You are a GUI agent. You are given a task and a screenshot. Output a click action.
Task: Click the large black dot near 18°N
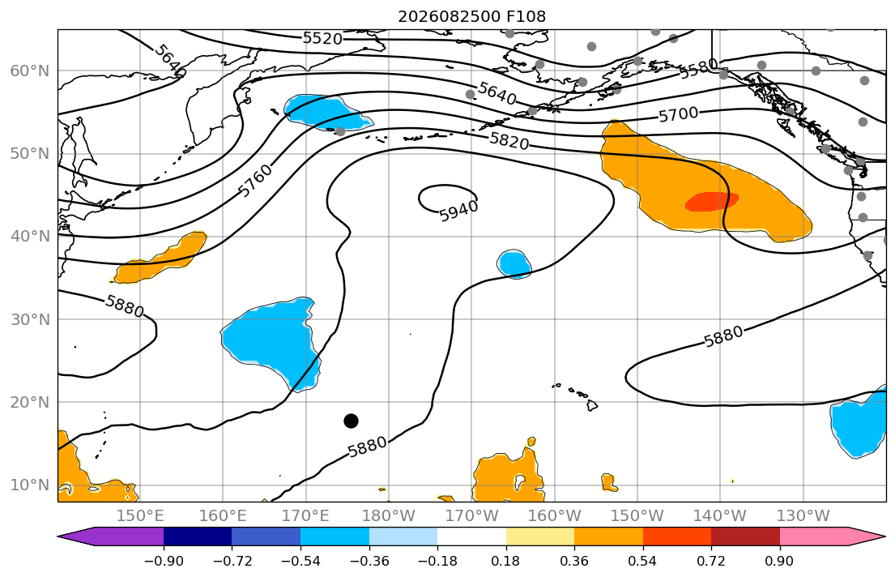click(x=351, y=421)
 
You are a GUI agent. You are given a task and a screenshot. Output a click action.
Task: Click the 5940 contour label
click(x=459, y=212)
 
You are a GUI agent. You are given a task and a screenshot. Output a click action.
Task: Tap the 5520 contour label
click(x=322, y=38)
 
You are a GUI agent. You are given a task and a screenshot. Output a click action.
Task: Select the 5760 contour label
click(x=254, y=181)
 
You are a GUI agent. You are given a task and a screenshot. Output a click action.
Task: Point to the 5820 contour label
click(x=509, y=140)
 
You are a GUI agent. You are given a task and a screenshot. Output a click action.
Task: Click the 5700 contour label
click(x=679, y=115)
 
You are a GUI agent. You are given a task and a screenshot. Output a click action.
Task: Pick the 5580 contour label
click(x=699, y=69)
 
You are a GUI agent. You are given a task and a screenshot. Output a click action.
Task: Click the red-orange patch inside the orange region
click(x=712, y=201)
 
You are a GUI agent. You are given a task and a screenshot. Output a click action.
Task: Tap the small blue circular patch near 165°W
click(x=514, y=264)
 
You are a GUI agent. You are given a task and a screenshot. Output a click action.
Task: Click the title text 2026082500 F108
click(x=471, y=16)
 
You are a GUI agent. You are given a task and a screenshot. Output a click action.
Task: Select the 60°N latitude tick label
click(x=30, y=71)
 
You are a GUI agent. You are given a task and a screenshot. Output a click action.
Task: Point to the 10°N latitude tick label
click(x=30, y=485)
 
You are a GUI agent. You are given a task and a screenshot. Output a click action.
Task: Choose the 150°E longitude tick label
click(x=140, y=516)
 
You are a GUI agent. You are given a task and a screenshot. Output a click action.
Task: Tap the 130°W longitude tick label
click(x=803, y=516)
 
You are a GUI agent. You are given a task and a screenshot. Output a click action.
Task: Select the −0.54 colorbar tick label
click(x=300, y=561)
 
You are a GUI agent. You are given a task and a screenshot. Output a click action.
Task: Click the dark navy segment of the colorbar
click(x=198, y=536)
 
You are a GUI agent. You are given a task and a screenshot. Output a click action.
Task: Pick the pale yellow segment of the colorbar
click(x=540, y=536)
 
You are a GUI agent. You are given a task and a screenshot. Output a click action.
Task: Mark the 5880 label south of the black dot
click(x=368, y=447)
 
